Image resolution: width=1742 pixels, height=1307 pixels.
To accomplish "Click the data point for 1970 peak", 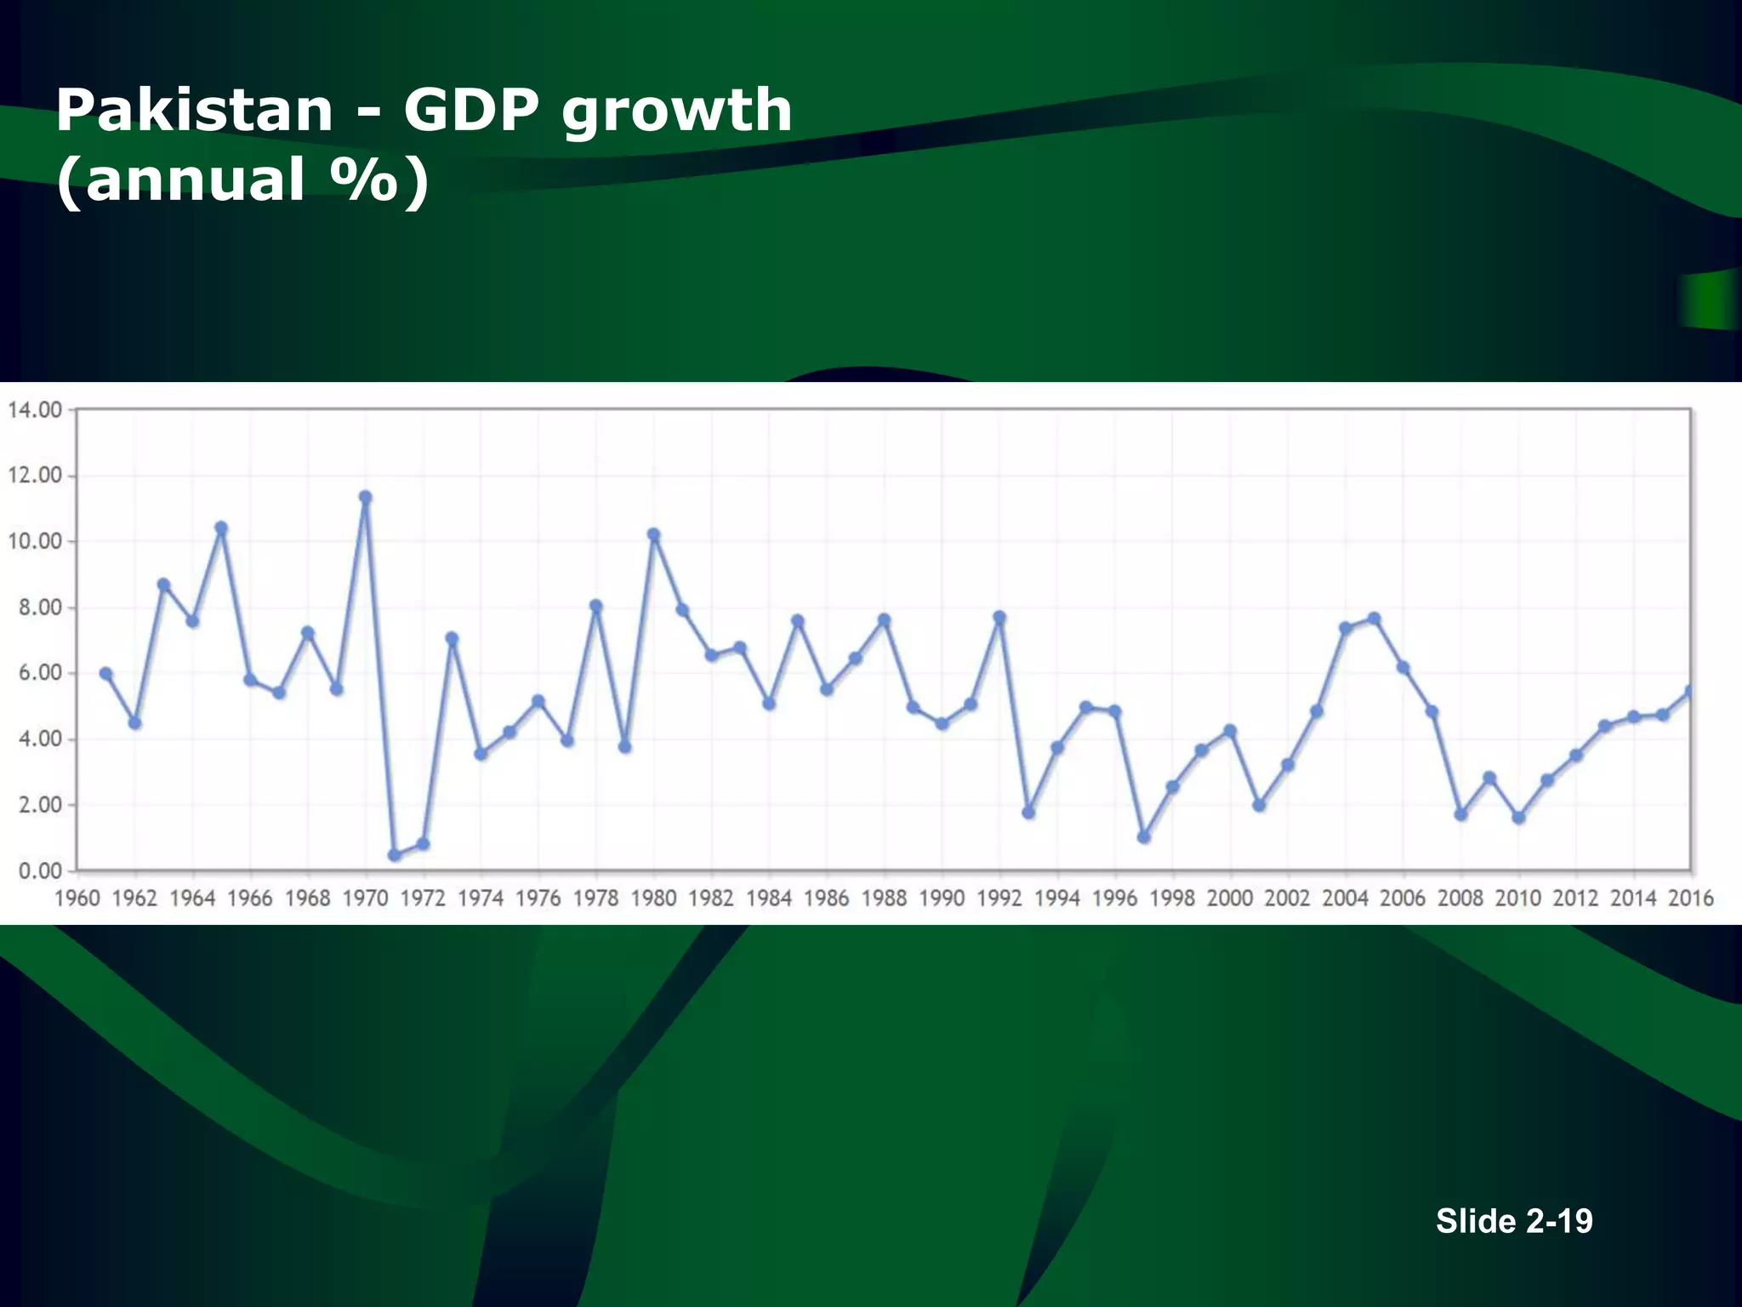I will (x=365, y=497).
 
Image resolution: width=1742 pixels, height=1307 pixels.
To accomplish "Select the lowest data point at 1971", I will (x=394, y=855).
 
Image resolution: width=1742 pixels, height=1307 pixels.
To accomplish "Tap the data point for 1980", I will (x=653, y=534).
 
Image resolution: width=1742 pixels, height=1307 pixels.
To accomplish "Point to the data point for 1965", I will (x=221, y=528).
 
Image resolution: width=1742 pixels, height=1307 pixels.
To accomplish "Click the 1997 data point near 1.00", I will (x=1143, y=837).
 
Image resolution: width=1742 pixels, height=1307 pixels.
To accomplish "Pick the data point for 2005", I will (x=1374, y=619).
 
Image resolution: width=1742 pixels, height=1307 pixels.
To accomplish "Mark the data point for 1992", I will (x=999, y=617).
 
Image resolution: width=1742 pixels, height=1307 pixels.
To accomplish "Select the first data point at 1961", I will (x=105, y=673).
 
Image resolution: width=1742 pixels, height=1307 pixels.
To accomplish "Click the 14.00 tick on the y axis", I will (x=35, y=410).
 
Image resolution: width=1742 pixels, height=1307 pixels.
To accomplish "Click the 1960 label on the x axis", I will (x=77, y=899).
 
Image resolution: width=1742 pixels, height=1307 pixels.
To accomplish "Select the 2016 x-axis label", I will (x=1690, y=899).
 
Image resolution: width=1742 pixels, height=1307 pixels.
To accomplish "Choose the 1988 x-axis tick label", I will (x=884, y=899).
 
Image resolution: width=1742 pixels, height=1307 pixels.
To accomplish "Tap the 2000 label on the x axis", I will (x=1230, y=899).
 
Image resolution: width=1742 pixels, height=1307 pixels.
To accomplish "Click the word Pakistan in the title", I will (x=194, y=111).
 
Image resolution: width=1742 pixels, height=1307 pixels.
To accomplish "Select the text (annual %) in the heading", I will (x=242, y=180).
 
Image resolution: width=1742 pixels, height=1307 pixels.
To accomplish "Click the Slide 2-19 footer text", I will (x=1514, y=1221).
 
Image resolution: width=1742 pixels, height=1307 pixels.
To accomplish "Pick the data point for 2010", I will (x=1518, y=818).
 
